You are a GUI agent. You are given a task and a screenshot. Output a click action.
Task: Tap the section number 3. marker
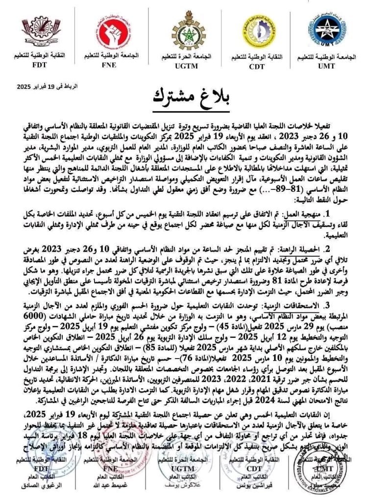(343, 305)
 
